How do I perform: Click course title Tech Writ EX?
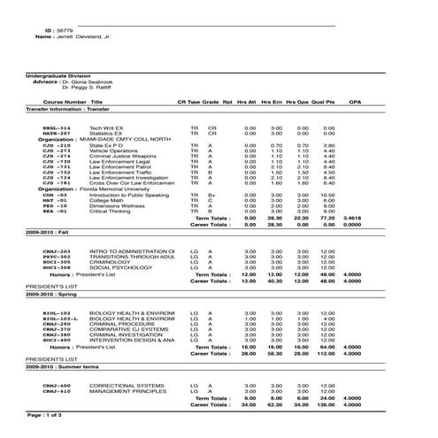106,127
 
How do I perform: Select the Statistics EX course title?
106,133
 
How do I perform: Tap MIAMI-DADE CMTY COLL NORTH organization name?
123,139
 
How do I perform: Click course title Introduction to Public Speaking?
128,195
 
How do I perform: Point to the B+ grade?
211,195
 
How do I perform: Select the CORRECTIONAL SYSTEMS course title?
127,386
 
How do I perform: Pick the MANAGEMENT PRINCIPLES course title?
127,391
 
